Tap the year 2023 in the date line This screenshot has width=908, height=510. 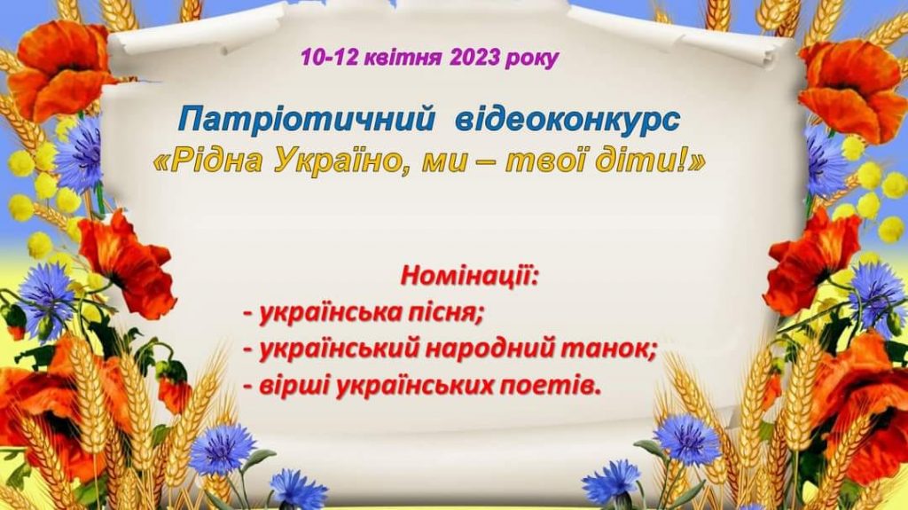coord(474,58)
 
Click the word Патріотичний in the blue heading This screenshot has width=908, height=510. coord(306,121)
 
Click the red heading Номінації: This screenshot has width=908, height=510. coord(469,275)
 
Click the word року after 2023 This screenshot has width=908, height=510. coord(532,59)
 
